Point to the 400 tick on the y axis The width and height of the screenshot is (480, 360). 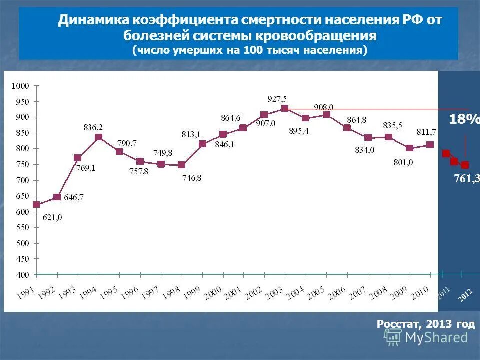click(23, 275)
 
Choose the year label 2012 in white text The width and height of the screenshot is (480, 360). click(465, 295)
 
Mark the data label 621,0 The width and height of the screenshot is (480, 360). click(52, 218)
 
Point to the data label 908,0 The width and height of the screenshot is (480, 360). click(324, 107)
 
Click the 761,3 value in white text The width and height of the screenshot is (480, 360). click(466, 179)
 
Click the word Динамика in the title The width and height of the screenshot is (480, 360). click(93, 20)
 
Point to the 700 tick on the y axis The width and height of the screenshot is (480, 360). click(23, 180)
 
